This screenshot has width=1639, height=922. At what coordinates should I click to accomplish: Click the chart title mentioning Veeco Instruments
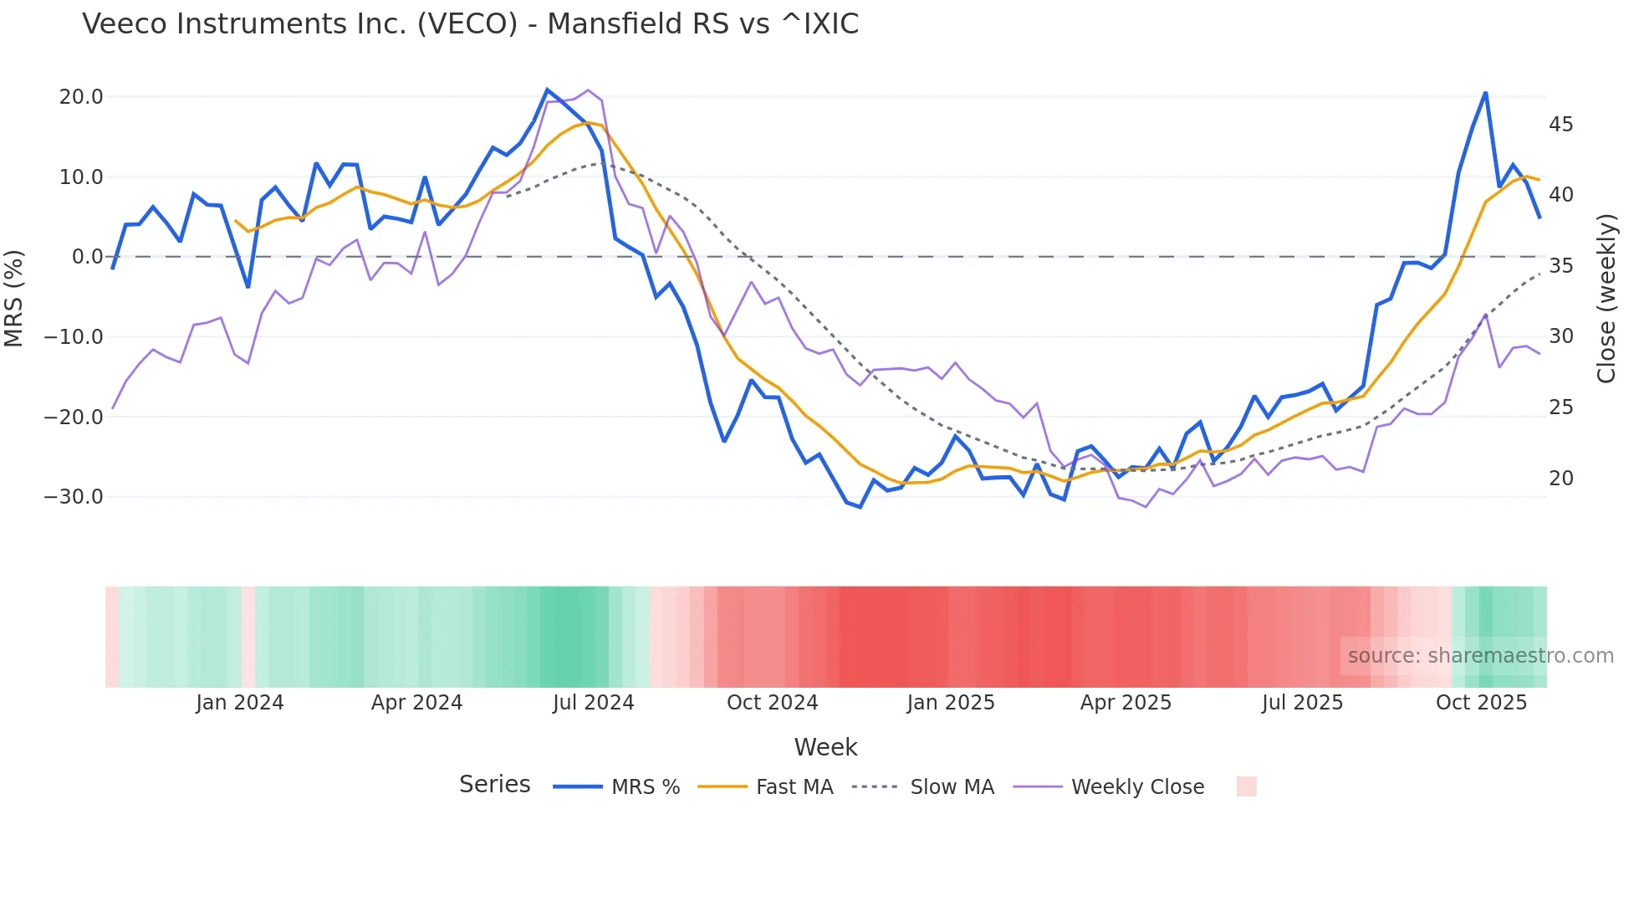click(470, 24)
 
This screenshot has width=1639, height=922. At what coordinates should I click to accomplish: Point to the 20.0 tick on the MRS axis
click(81, 97)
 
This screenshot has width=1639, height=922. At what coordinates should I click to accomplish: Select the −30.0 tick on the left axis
click(74, 497)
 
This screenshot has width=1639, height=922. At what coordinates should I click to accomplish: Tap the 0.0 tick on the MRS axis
click(88, 257)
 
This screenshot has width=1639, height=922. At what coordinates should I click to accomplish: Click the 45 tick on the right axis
click(1560, 125)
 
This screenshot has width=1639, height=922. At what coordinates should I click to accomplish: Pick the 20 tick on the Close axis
click(1560, 479)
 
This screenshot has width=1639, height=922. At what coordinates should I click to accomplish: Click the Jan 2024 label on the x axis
click(240, 703)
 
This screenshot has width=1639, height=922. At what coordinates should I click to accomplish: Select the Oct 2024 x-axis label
click(772, 703)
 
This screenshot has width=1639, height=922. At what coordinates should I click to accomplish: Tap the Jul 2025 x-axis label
click(1302, 703)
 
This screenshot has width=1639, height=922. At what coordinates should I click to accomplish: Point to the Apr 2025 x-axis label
click(1126, 703)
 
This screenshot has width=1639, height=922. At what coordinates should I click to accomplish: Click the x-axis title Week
click(825, 747)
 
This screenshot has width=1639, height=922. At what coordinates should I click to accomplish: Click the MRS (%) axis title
click(14, 298)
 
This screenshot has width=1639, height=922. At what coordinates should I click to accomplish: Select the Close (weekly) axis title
click(1606, 299)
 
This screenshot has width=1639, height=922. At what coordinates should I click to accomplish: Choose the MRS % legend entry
click(617, 787)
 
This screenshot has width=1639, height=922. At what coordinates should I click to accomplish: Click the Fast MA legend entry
click(765, 787)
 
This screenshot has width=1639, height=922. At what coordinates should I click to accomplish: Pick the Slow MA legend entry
click(923, 787)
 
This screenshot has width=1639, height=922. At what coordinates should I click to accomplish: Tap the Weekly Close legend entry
click(1109, 787)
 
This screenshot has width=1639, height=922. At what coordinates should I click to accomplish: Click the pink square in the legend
click(1246, 786)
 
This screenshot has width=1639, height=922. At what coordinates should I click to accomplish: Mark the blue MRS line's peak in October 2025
click(1485, 93)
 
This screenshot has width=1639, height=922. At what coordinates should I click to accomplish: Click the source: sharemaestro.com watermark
click(1480, 656)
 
